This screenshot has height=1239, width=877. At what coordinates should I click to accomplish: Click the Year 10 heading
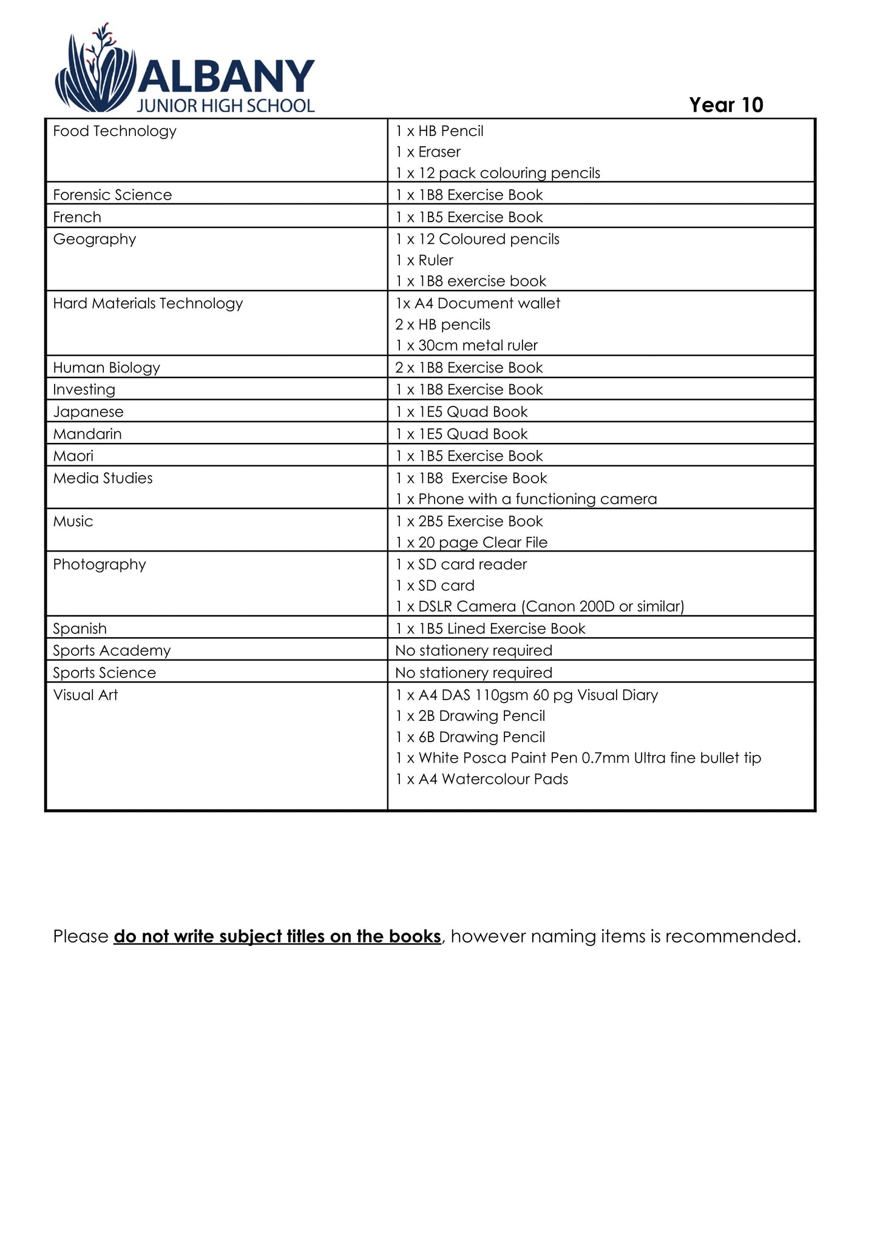click(x=726, y=105)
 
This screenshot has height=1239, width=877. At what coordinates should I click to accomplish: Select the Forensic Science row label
click(x=112, y=195)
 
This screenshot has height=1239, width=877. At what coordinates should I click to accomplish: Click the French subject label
click(x=77, y=217)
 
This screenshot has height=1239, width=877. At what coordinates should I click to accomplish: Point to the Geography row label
click(x=95, y=239)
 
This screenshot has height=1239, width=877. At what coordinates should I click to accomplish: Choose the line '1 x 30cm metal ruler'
click(x=466, y=345)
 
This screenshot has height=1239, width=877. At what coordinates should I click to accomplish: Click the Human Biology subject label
click(x=107, y=368)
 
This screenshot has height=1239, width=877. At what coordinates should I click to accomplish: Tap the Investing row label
click(x=84, y=390)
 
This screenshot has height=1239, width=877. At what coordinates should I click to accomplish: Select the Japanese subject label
click(x=88, y=412)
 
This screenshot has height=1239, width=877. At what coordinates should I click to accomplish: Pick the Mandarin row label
click(x=87, y=434)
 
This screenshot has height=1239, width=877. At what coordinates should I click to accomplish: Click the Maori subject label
click(x=73, y=456)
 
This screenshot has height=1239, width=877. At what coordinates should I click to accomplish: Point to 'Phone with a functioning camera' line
click(x=526, y=499)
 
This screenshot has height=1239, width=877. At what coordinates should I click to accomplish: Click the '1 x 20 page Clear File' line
click(x=471, y=542)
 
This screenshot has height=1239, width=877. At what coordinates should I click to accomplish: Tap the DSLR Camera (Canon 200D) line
click(x=540, y=606)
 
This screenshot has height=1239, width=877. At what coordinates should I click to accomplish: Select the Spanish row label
click(x=80, y=629)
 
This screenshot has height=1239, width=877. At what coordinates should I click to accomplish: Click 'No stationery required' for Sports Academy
click(x=473, y=650)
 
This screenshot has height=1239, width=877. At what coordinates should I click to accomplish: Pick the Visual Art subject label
click(x=86, y=695)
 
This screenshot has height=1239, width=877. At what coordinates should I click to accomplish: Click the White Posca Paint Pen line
click(x=578, y=758)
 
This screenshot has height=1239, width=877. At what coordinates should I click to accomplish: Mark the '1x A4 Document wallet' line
click(x=478, y=303)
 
